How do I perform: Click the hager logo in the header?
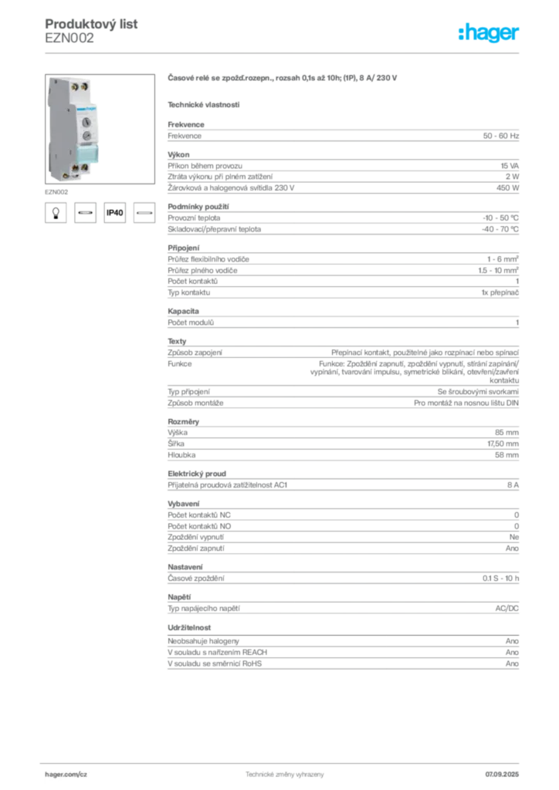click(489, 32)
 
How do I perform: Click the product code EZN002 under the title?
click(69, 39)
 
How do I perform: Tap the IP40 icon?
click(114, 213)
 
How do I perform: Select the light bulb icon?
click(56, 213)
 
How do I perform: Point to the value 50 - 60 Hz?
click(500, 136)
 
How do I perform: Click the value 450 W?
click(507, 188)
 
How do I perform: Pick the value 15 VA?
click(510, 166)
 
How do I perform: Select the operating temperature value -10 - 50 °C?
click(500, 218)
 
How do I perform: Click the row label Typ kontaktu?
click(189, 292)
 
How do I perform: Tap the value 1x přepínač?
click(500, 292)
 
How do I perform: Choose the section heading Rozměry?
click(184, 422)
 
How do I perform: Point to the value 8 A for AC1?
click(513, 485)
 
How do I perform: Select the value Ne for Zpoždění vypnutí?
click(514, 538)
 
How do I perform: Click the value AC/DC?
click(507, 609)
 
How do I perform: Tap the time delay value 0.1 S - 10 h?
click(500, 579)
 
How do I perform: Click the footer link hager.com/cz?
click(66, 775)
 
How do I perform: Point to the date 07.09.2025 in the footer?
click(502, 775)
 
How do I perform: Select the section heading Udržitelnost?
click(189, 628)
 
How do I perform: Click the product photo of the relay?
click(100, 129)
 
